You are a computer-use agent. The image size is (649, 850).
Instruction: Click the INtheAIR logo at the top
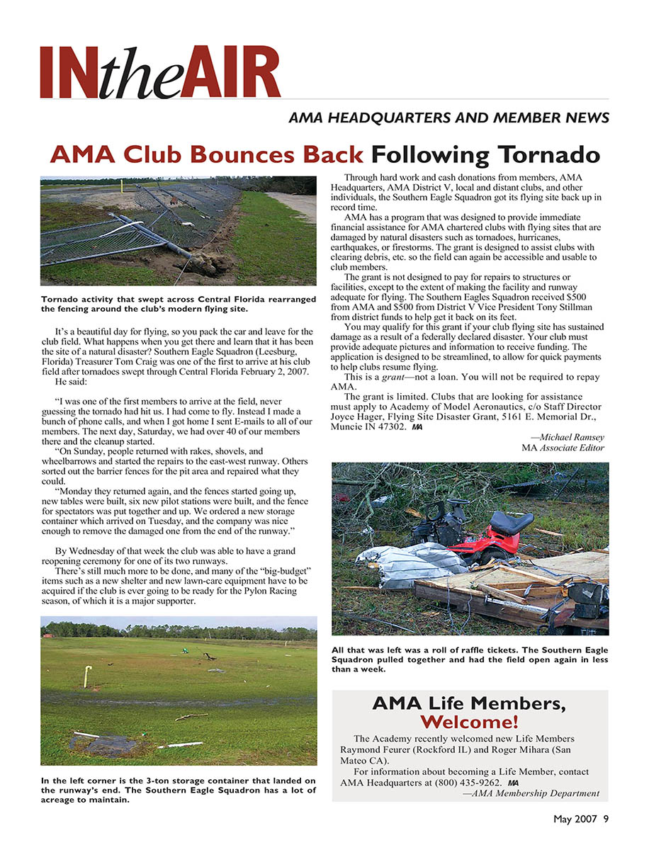tap(160, 72)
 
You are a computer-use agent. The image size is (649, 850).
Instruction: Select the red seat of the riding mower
tap(510, 523)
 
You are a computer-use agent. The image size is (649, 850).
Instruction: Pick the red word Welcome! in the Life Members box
tap(469, 722)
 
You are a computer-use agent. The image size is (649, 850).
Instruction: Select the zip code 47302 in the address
tap(389, 426)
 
